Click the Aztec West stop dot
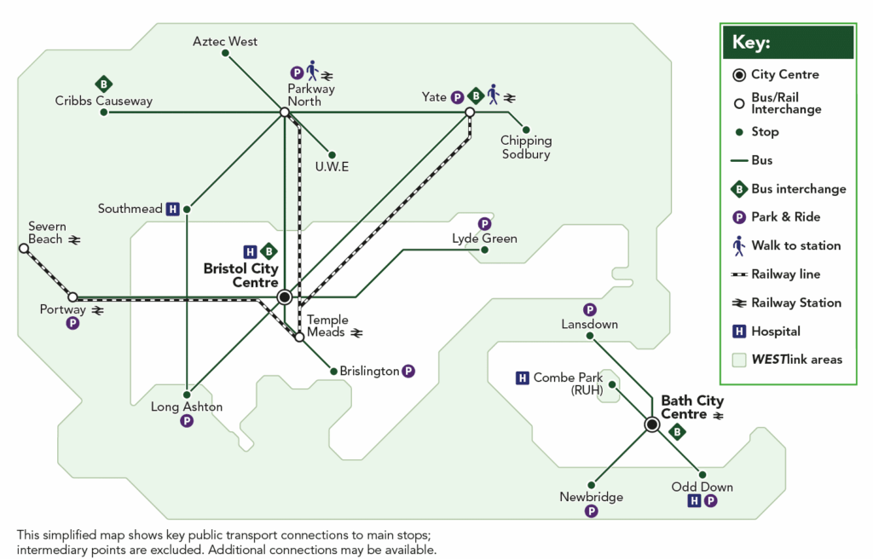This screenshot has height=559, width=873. [225, 54]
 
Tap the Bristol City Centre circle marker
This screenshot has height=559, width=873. [285, 297]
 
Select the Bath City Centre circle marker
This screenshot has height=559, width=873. [652, 424]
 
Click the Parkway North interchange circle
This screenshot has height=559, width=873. [284, 112]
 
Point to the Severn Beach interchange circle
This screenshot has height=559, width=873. [23, 249]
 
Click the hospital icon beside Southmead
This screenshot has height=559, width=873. [172, 209]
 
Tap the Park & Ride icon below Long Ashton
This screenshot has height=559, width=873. [187, 421]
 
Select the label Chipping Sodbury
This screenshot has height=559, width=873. [526, 147]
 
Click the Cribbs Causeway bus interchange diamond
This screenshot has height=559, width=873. [103, 84]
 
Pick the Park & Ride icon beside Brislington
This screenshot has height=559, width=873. [408, 371]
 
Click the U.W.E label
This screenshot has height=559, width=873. [332, 166]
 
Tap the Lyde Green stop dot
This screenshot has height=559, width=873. [484, 250]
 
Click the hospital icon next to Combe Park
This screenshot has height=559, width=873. [523, 378]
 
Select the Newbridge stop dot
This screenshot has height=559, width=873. [591, 484]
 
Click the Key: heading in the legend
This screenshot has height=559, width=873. [751, 43]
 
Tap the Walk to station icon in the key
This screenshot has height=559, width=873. [739, 245]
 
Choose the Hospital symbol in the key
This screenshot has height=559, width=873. [739, 331]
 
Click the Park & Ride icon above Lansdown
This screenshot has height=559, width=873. [589, 310]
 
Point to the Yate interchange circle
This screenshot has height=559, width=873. [469, 112]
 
